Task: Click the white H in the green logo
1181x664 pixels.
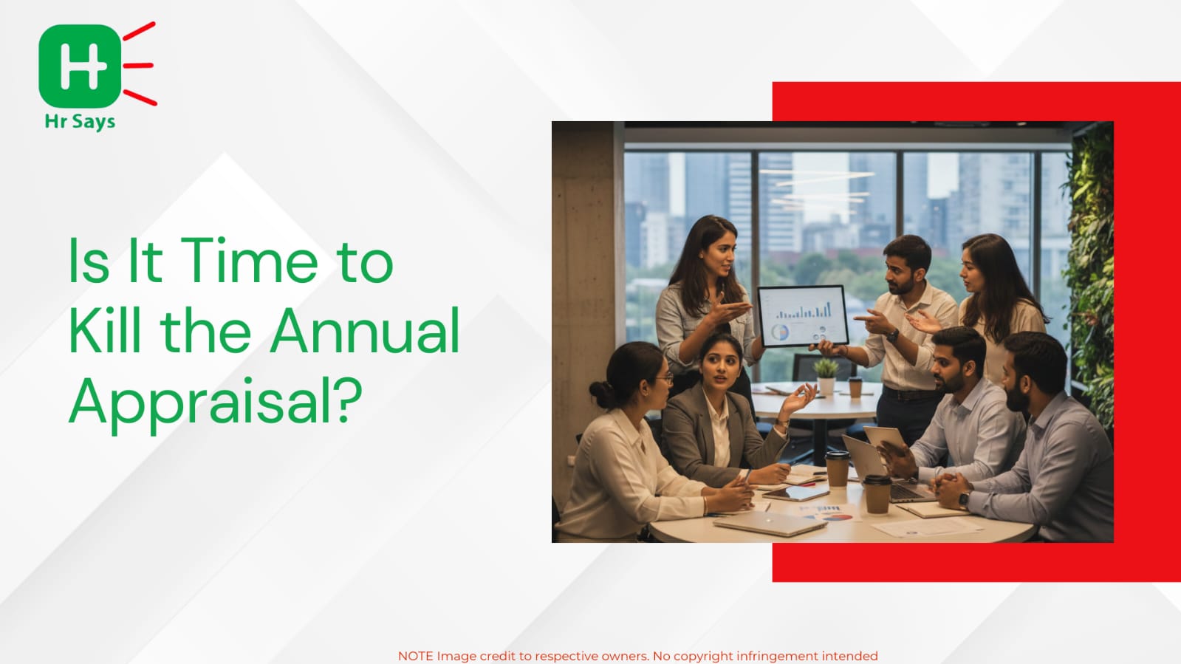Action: tap(80, 66)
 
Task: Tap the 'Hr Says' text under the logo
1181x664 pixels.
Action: tap(80, 122)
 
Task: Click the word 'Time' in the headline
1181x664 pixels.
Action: tap(249, 261)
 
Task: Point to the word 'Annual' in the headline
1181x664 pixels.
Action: tap(365, 331)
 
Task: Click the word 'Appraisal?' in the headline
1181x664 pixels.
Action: tap(216, 403)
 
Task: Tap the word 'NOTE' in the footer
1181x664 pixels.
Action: tap(416, 656)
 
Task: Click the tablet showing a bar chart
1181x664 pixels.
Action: tap(803, 315)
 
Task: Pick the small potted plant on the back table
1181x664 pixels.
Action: tap(826, 375)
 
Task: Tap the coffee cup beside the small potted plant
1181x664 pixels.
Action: tap(855, 387)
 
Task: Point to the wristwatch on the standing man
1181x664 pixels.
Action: tap(893, 335)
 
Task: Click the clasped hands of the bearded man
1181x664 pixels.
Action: tap(950, 489)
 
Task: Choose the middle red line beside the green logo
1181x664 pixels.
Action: tap(138, 66)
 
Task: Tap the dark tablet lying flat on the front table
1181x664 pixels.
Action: tap(795, 493)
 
